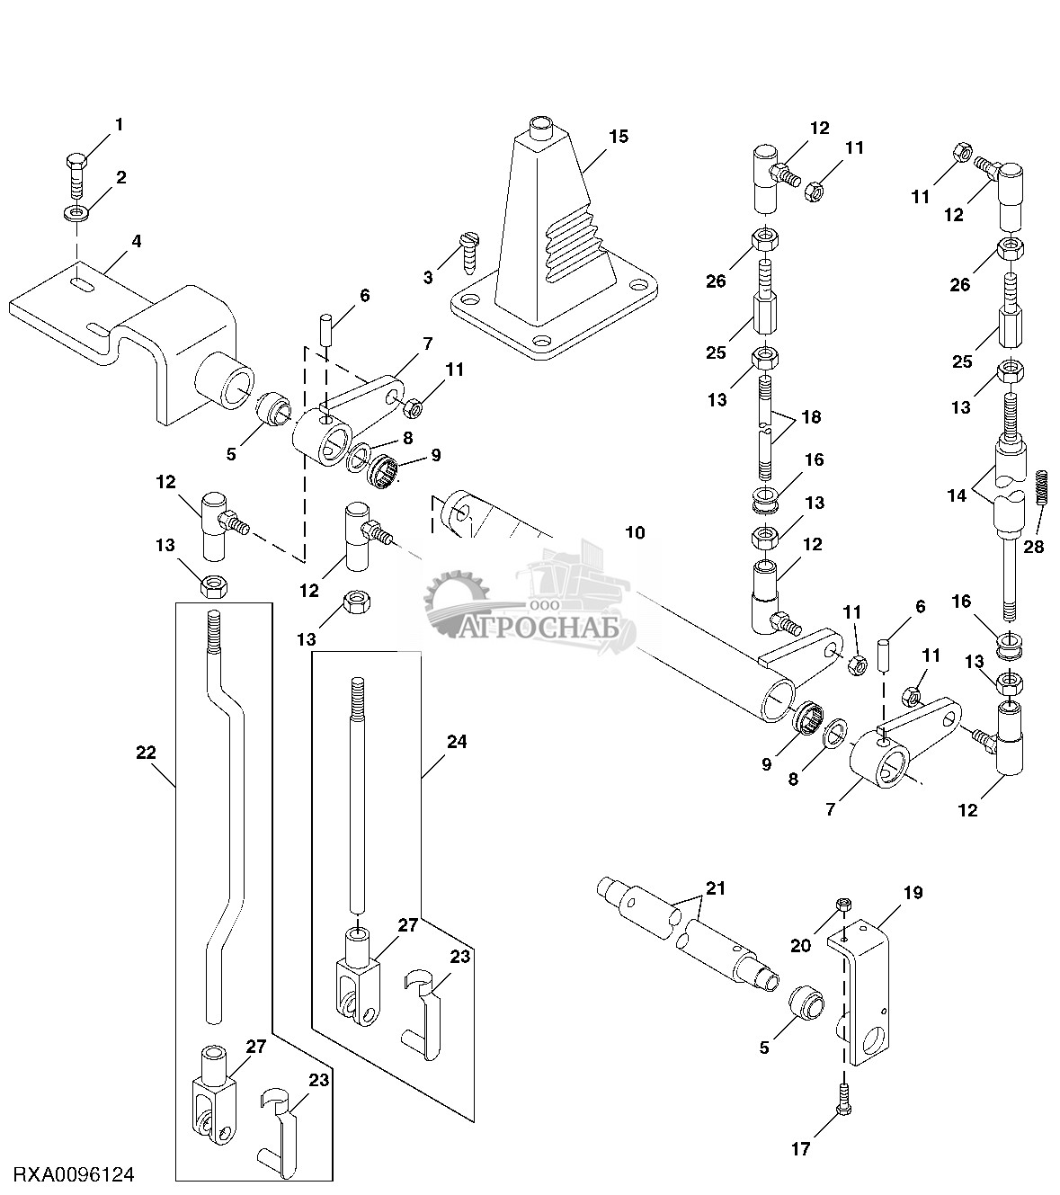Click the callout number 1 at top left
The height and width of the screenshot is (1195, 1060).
click(x=119, y=124)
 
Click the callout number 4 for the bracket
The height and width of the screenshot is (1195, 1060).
click(x=136, y=241)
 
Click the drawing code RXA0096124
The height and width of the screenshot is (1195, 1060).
click(x=74, y=1174)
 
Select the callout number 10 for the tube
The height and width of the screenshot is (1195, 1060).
click(x=635, y=532)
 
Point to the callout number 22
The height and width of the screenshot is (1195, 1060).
click(x=146, y=752)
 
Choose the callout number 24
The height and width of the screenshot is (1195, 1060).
click(x=457, y=742)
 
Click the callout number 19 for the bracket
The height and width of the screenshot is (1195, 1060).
click(x=913, y=893)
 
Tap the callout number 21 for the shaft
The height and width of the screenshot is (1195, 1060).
click(x=716, y=888)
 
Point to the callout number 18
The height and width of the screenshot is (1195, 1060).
click(x=811, y=417)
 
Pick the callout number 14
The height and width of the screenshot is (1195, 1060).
click(x=957, y=495)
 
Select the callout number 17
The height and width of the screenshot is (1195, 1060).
click(x=800, y=1148)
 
